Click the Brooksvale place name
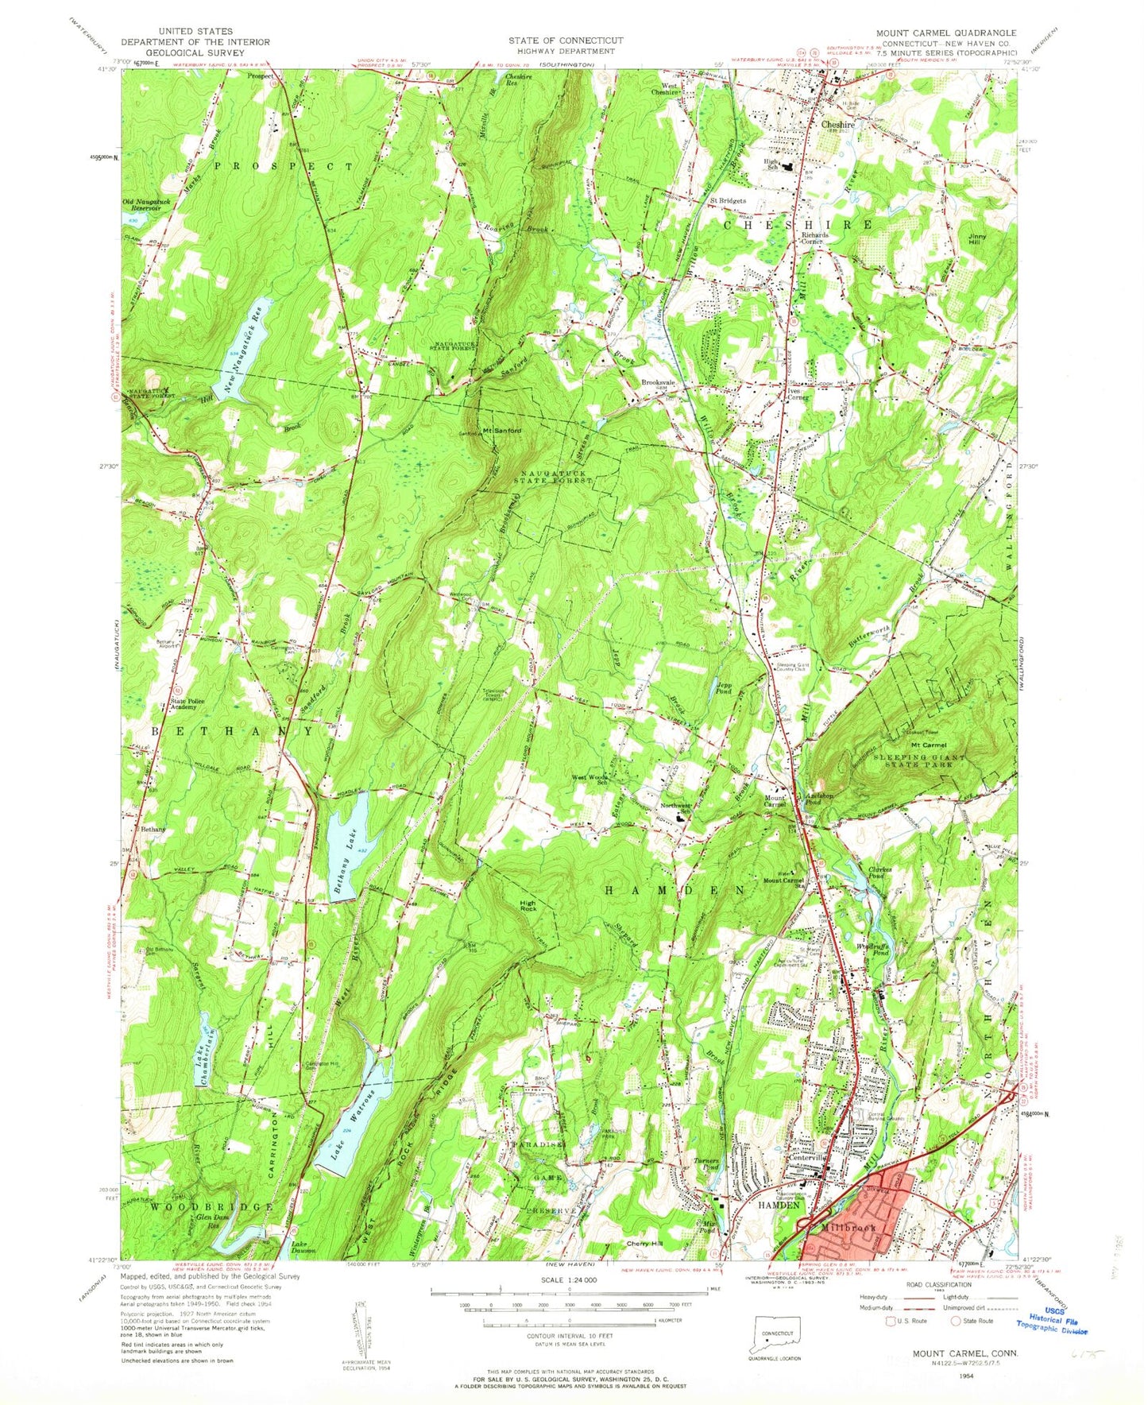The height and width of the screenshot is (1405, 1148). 658,382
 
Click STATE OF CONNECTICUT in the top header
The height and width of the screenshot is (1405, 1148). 566,40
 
